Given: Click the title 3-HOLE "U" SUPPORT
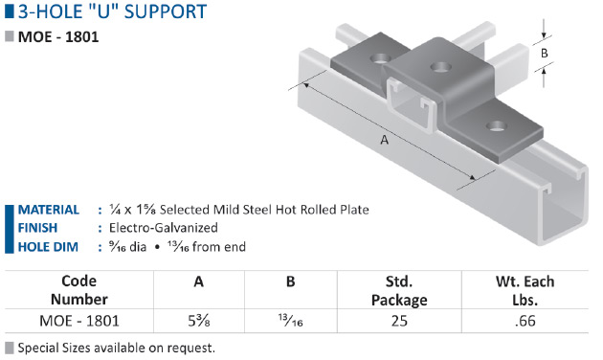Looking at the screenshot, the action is tap(112, 11).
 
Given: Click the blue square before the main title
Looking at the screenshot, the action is tap(10, 11).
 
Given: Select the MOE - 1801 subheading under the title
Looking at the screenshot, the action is tap(58, 37).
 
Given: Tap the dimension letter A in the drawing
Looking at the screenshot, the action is tap(384, 140).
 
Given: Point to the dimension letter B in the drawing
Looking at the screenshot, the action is tap(545, 53).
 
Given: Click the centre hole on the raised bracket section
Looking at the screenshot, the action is tap(440, 67).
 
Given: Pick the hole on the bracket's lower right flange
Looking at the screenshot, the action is tap(496, 125).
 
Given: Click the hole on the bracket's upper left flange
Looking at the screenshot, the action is tap(380, 58).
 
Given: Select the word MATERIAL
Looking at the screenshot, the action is tap(49, 210).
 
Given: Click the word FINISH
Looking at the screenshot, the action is tap(37, 228).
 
